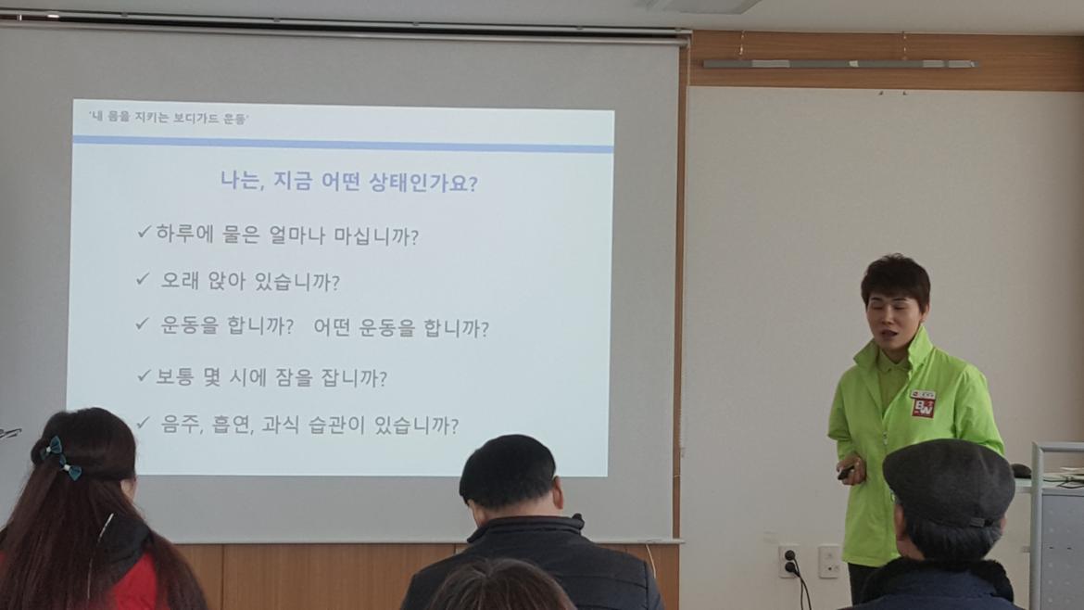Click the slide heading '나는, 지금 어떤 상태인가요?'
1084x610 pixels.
[x=349, y=182]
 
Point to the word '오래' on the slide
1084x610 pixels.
[x=180, y=280]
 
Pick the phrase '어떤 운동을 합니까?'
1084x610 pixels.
[x=401, y=327]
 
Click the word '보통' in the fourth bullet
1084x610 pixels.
[x=175, y=376]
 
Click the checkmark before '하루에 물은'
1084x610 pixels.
[x=144, y=232]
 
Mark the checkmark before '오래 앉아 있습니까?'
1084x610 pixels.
[x=143, y=279]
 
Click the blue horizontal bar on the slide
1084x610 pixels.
[x=343, y=143]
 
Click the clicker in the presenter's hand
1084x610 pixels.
[x=846, y=473]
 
